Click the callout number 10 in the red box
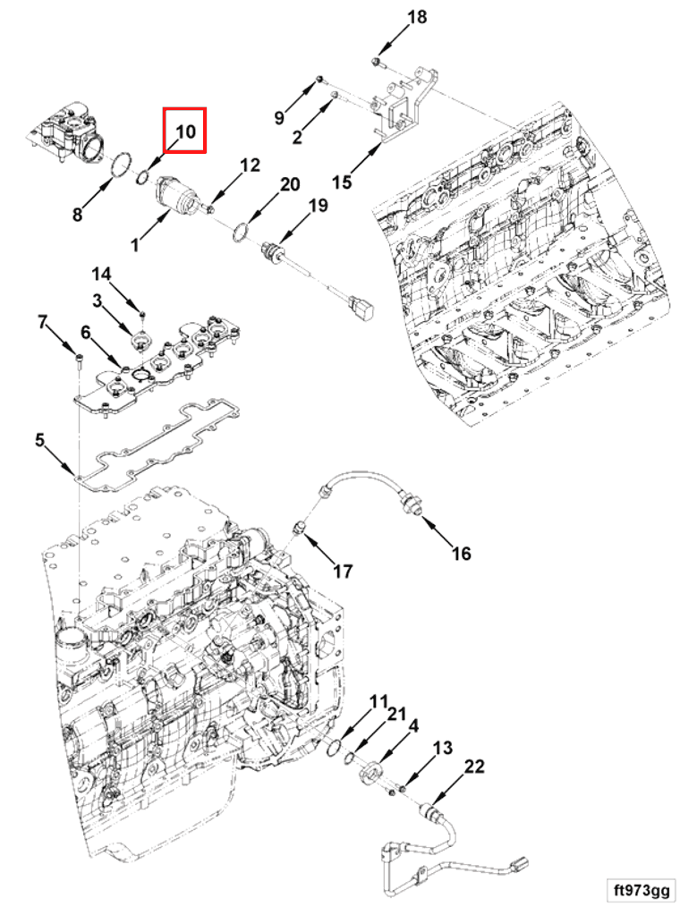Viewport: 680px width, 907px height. (184, 131)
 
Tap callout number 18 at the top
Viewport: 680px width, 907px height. (417, 17)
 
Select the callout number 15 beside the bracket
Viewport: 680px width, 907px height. (341, 182)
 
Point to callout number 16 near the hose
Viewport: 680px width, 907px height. (460, 554)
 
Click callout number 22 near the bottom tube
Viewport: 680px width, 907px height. (474, 767)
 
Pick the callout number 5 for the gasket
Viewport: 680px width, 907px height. (39, 440)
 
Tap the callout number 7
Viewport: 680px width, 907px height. (41, 321)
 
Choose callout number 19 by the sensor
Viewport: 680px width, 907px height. (319, 207)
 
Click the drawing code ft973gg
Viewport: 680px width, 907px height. (641, 890)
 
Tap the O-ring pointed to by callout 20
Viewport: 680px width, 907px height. (238, 233)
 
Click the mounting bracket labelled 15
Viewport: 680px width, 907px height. (402, 108)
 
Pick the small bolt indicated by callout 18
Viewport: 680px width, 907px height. (377, 61)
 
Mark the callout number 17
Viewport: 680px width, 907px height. (343, 572)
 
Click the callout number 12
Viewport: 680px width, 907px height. (250, 165)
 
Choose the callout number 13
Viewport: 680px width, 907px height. (443, 748)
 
